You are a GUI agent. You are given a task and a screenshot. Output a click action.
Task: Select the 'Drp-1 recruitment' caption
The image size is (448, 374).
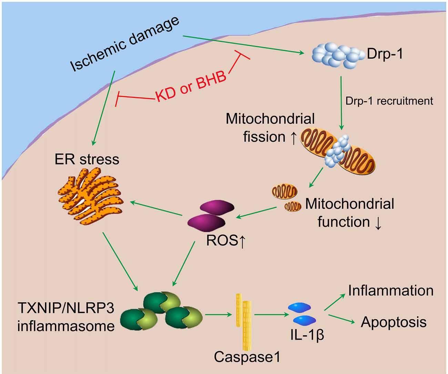tap(389, 101)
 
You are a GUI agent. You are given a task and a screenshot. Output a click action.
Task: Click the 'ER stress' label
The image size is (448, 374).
tap(87, 159)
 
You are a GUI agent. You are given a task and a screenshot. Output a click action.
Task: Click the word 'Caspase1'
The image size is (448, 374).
tap(247, 357)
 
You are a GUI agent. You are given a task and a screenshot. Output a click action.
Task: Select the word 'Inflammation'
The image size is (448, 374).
tap(391, 291)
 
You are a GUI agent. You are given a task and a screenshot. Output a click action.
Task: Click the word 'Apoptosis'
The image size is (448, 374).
tap(394, 323)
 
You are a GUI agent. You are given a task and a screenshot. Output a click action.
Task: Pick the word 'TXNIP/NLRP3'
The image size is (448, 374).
tap(66, 308)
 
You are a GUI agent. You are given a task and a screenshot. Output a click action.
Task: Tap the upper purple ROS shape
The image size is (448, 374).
tap(217, 207)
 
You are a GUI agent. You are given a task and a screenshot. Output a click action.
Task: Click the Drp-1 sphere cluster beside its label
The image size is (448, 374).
tap(338, 55)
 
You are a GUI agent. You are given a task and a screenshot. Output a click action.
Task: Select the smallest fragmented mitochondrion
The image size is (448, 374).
tap(293, 207)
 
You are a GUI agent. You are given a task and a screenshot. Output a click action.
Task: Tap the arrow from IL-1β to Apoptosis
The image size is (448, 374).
tap(342, 319)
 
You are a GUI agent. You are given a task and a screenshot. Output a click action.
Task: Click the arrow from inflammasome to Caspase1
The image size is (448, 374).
tap(218, 315)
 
